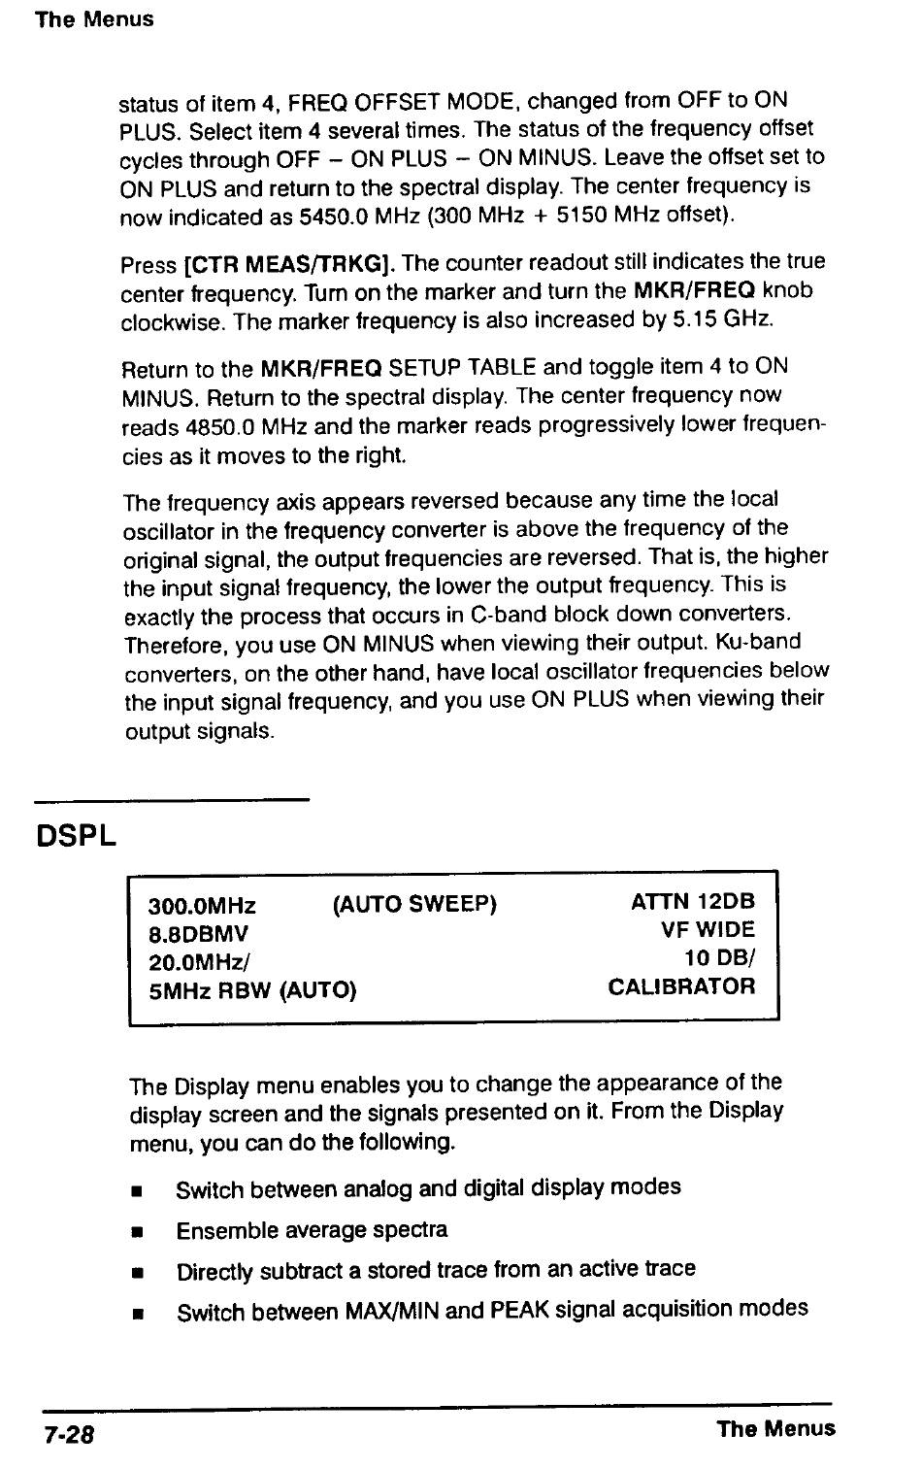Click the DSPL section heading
pyautogui.click(x=76, y=836)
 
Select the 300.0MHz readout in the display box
pyautogui.click(x=202, y=907)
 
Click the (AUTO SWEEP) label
pyautogui.click(x=414, y=905)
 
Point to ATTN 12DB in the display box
pyautogui.click(x=692, y=902)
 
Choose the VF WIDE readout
pyautogui.click(x=708, y=930)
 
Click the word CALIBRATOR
pyautogui.click(x=681, y=986)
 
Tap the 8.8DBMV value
pyautogui.click(x=198, y=934)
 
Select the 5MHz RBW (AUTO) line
pyautogui.click(x=252, y=990)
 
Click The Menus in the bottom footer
pyautogui.click(x=775, y=1428)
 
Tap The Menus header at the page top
pyautogui.click(x=94, y=19)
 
